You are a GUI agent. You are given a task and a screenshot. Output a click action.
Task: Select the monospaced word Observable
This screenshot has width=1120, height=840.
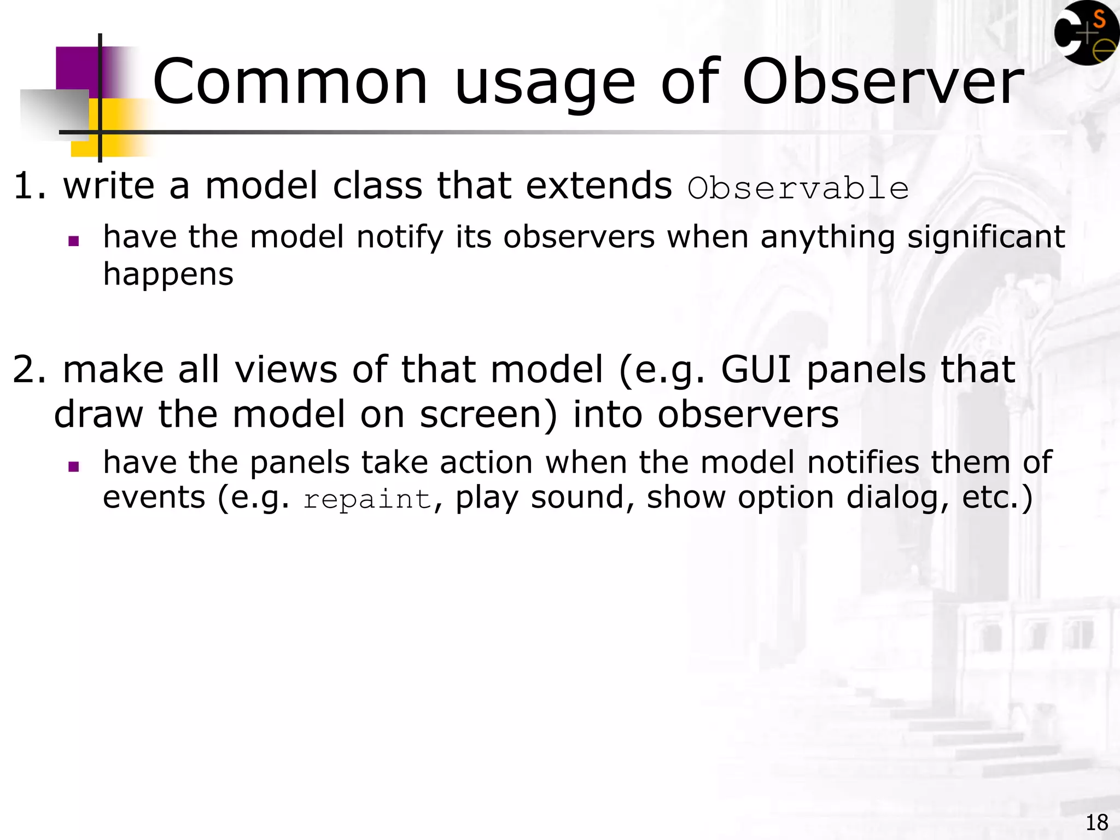click(x=798, y=189)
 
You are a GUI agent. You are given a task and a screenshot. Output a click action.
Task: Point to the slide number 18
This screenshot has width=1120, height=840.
click(x=1096, y=822)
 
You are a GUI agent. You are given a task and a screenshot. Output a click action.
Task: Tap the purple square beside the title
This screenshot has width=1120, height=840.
click(x=77, y=68)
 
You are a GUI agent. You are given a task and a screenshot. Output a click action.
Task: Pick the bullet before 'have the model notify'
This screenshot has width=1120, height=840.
click(x=74, y=241)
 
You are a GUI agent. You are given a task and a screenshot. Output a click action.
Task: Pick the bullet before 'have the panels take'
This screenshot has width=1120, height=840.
click(x=74, y=466)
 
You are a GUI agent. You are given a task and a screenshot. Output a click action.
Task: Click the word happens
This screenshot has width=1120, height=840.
click(x=168, y=275)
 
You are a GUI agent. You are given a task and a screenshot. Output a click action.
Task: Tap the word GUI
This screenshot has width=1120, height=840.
click(x=756, y=370)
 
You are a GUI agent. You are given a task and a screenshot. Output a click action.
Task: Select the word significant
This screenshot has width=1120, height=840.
click(x=985, y=238)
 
